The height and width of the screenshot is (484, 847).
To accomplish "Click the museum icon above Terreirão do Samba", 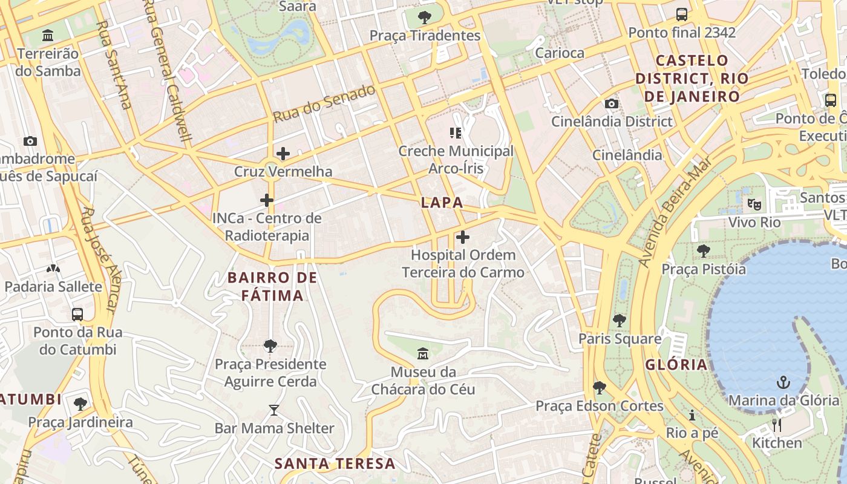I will (48, 36).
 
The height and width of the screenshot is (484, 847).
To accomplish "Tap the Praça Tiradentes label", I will (425, 36).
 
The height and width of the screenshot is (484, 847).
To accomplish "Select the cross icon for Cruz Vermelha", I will (283, 154).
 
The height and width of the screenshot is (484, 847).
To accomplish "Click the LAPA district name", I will (442, 203).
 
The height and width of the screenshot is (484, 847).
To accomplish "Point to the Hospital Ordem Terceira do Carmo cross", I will (463, 237).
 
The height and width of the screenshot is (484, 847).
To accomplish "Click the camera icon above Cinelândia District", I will (612, 103).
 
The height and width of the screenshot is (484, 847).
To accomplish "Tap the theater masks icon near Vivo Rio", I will (753, 204).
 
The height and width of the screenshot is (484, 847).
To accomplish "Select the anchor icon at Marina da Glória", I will (783, 382).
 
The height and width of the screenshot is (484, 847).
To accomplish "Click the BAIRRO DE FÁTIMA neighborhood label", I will (272, 287).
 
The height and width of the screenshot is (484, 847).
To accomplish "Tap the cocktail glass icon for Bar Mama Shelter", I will (274, 410).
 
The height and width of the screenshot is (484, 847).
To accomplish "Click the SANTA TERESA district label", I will (335, 464).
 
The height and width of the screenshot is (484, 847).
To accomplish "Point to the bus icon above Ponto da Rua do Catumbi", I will (77, 314).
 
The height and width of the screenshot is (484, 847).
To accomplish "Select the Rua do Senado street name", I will (324, 104).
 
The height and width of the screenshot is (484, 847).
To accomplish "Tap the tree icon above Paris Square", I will (619, 321).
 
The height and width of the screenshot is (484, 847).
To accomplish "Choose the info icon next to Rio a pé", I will (692, 415).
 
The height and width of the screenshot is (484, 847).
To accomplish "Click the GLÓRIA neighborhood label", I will (676, 364).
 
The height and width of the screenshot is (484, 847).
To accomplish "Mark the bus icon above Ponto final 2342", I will (682, 14).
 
